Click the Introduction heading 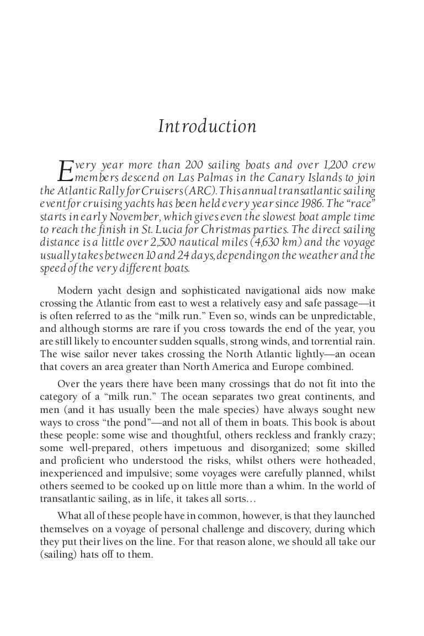point(207,126)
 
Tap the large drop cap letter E point(66,171)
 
